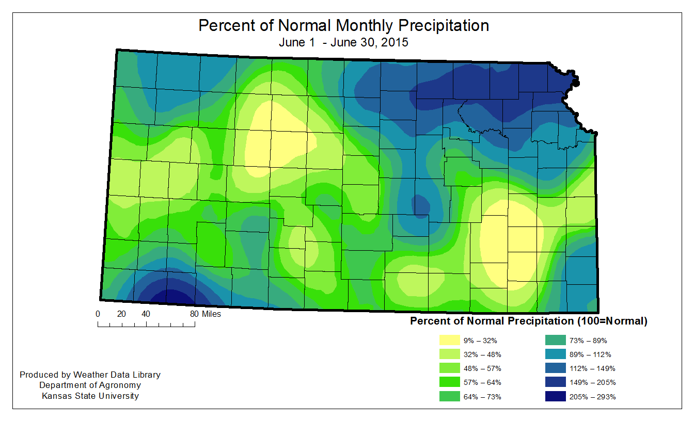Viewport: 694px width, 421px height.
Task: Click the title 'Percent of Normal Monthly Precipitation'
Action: point(343,25)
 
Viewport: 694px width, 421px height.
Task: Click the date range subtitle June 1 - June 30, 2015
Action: point(343,42)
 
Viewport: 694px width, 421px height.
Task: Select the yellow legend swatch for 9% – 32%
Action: point(450,341)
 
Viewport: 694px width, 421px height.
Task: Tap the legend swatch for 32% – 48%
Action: point(450,354)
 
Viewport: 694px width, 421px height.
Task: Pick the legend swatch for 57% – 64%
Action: point(450,382)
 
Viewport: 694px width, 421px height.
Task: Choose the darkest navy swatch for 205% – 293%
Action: point(557,396)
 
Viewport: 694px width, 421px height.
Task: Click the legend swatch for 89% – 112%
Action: point(557,354)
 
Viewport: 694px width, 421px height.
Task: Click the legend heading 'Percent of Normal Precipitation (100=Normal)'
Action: point(528,321)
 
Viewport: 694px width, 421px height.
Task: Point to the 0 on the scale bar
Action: point(98,314)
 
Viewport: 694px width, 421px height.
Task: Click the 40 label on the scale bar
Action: point(146,314)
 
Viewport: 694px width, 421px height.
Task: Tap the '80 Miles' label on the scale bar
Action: point(205,314)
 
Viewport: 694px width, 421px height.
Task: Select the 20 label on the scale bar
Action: point(122,314)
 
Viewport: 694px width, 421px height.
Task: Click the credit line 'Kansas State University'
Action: point(90,396)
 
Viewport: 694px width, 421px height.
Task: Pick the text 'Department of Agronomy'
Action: point(90,385)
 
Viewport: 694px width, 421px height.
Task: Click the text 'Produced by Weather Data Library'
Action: point(90,375)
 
